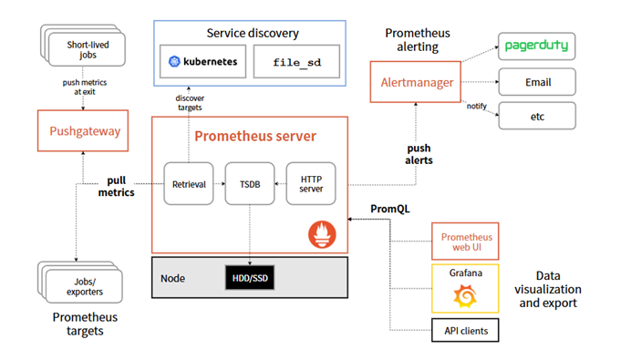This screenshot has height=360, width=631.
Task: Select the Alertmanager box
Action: click(417, 82)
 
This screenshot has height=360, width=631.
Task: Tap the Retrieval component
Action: click(189, 183)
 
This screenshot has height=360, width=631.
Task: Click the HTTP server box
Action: click(312, 183)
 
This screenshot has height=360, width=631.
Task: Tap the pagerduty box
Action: click(537, 46)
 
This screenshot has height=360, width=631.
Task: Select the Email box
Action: click(537, 82)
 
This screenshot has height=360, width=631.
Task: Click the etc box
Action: click(537, 116)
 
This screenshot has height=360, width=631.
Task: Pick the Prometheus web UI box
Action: click(465, 242)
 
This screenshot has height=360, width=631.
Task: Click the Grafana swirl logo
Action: click(465, 295)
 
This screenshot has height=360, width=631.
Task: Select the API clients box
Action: click(465, 329)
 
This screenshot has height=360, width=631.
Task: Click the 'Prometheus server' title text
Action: click(255, 137)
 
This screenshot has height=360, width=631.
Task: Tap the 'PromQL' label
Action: click(390, 208)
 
